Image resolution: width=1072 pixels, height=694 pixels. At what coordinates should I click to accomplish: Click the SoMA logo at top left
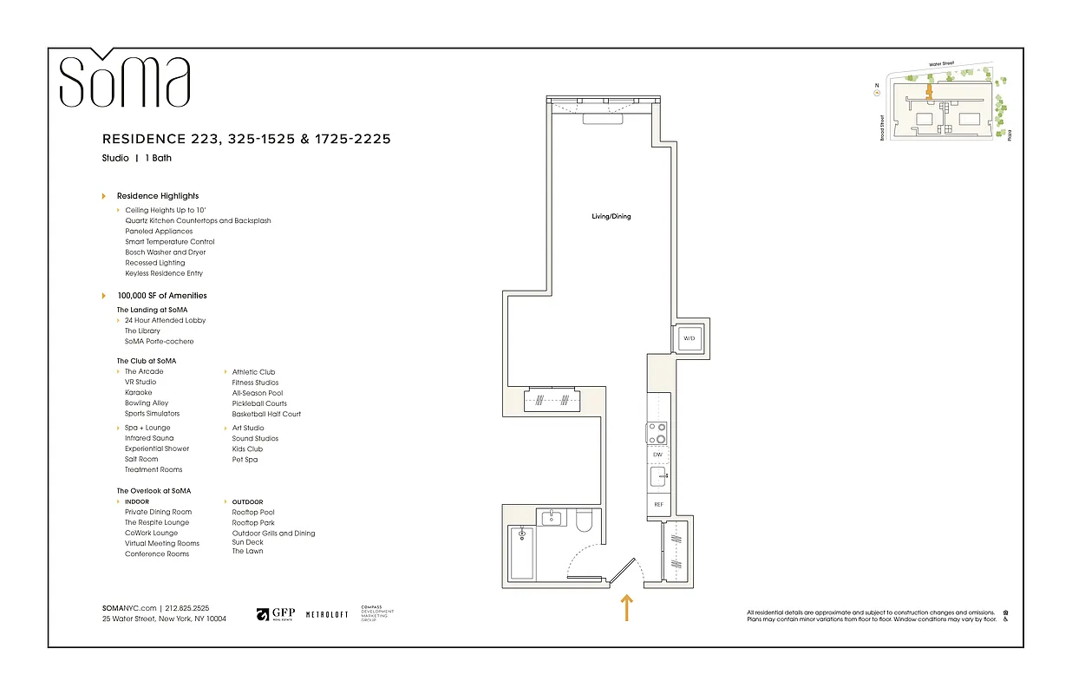[x=124, y=80]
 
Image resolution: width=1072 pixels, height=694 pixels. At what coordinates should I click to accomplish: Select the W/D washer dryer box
[x=690, y=337]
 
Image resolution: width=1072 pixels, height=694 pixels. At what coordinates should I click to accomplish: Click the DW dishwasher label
[x=657, y=455]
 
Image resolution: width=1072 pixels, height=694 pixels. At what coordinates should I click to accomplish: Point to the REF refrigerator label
[x=658, y=504]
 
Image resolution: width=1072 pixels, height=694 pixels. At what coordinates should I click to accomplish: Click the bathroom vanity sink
[x=552, y=519]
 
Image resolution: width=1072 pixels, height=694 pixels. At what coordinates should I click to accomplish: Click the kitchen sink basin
[x=658, y=477]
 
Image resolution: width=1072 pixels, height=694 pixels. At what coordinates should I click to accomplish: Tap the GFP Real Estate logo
[x=276, y=614]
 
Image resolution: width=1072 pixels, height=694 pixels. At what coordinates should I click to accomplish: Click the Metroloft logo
[x=327, y=614]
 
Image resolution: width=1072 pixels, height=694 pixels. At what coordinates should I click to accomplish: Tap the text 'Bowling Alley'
[x=147, y=403]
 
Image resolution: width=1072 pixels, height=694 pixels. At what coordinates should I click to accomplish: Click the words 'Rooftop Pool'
[x=253, y=513]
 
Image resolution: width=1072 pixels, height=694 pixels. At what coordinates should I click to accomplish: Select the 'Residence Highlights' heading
[x=158, y=196]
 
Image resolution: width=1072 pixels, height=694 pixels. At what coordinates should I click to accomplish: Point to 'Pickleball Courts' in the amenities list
[x=259, y=403]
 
